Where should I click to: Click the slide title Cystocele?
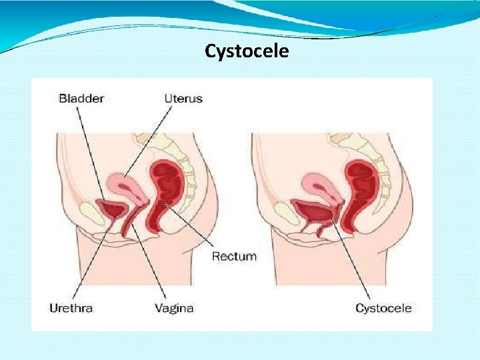tap(247, 51)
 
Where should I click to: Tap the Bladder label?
tap(81, 99)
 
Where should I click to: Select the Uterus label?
tap(183, 99)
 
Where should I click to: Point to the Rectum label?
tap(234, 256)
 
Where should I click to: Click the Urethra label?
tap(71, 308)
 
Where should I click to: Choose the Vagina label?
tap(174, 308)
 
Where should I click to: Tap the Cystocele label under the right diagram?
tap(383, 308)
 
